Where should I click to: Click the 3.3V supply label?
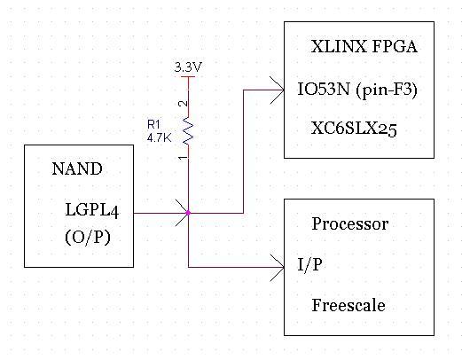tap(188, 67)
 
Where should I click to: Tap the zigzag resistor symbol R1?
tap(188, 130)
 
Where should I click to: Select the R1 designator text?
tap(153, 125)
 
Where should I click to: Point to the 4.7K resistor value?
tap(159, 137)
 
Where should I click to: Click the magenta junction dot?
tap(188, 213)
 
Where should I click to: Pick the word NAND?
tap(77, 168)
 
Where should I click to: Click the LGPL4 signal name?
tap(92, 210)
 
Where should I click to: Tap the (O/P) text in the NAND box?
tap(88, 237)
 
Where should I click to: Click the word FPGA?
tap(395, 47)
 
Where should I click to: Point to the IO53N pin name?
tap(324, 89)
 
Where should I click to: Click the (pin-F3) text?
tap(387, 90)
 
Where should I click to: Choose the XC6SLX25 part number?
tap(354, 129)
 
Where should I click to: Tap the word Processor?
tap(350, 223)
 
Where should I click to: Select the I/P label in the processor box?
tap(309, 264)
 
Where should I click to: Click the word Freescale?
tap(348, 305)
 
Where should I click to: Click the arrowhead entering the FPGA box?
tap(278, 90)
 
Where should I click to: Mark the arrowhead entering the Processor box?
tap(278, 268)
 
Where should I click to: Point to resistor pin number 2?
tap(184, 104)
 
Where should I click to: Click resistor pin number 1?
tap(184, 158)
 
